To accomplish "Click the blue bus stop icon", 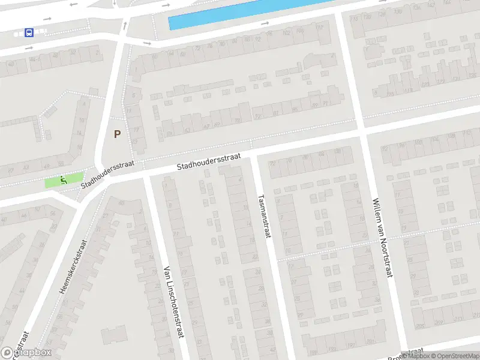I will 29,32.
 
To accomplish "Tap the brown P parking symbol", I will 118,134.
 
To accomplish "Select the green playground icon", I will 63,179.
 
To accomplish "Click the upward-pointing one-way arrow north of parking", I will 125,25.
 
